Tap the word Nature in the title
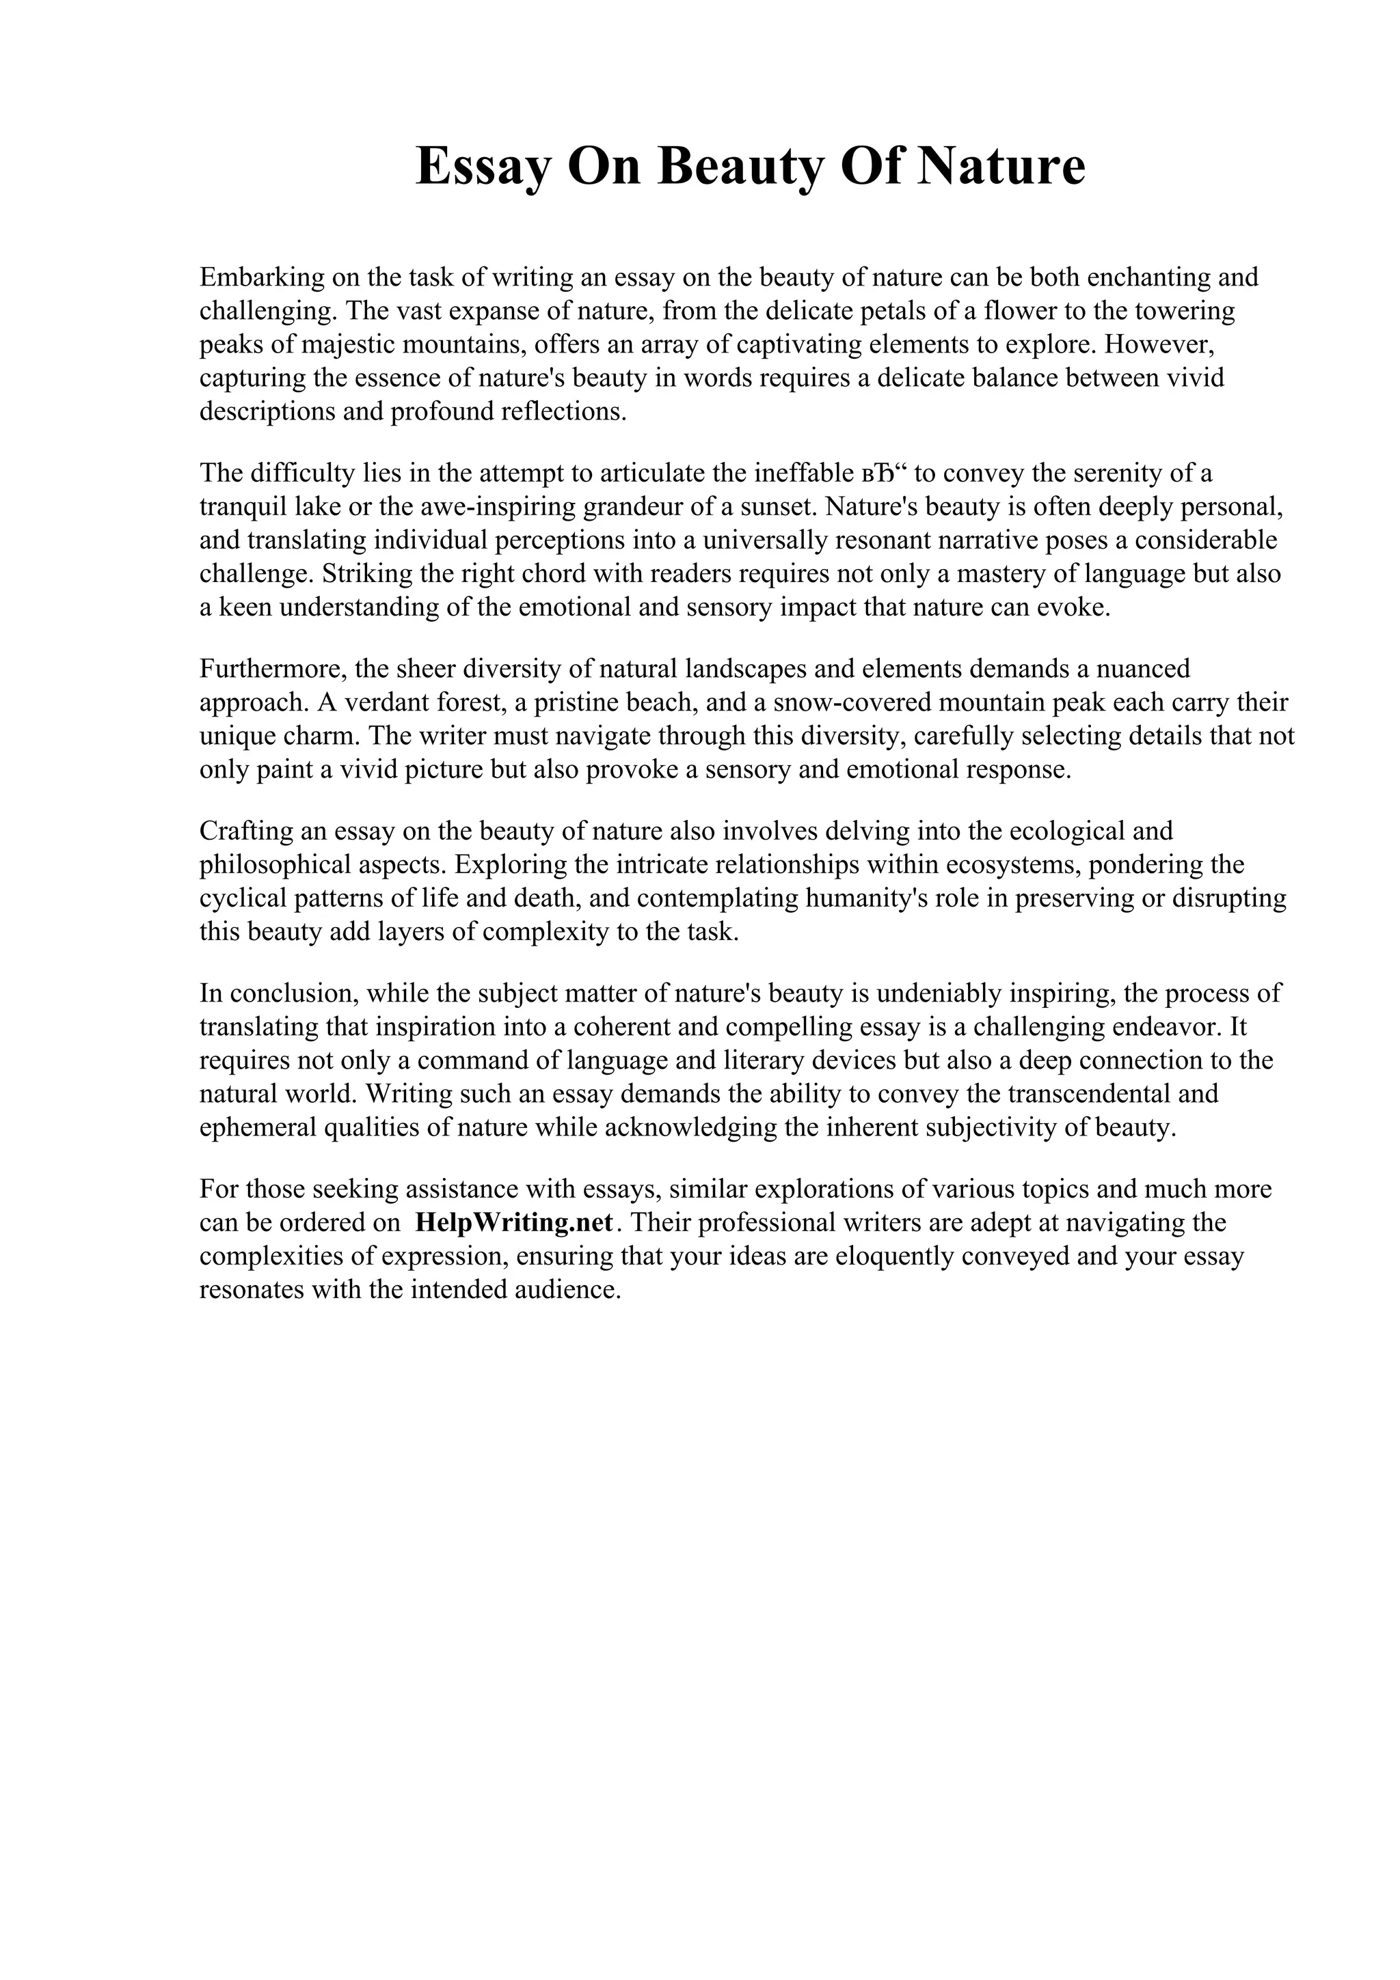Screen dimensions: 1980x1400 pos(999,167)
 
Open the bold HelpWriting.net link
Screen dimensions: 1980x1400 pos(513,1224)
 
